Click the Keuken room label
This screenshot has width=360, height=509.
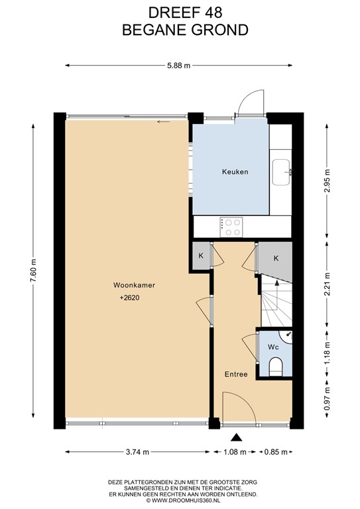click(x=235, y=172)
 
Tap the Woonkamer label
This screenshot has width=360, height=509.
click(x=129, y=285)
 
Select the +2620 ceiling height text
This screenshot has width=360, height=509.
click(x=129, y=298)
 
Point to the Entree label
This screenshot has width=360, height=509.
click(x=235, y=374)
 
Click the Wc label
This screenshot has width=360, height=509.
click(x=273, y=347)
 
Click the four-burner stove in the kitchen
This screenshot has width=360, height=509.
click(x=231, y=227)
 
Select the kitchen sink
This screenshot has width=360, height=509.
click(x=282, y=172)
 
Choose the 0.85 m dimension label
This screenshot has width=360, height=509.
click(x=274, y=452)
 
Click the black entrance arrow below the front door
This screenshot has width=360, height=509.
click(x=235, y=437)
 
